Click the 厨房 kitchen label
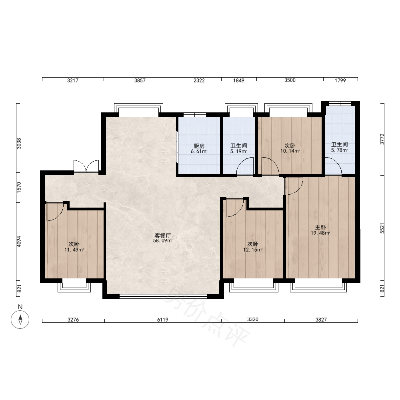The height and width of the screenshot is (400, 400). (199, 146)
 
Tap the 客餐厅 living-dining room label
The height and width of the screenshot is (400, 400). (162, 236)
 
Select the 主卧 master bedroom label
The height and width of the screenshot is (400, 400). (320, 227)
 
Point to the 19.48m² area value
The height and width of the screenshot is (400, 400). (320, 233)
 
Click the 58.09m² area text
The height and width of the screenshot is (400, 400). (162, 240)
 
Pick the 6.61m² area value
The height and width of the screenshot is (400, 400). (199, 151)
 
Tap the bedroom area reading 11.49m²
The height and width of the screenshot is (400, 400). (74, 250)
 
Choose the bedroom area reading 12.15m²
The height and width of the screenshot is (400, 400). (252, 250)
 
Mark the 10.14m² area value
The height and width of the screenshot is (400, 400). (290, 151)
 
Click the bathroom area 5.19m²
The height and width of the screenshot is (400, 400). (238, 151)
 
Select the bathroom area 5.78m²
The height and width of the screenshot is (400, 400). (339, 150)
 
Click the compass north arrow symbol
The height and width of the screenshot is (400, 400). (20, 319)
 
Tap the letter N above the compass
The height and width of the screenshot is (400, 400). (20, 307)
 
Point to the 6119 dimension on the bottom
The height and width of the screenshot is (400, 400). (162, 319)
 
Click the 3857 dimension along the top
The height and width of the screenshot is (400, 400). (140, 80)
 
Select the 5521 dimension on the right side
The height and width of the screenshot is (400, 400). (382, 228)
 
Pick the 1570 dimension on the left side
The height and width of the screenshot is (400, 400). (19, 187)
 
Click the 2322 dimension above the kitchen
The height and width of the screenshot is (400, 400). (199, 80)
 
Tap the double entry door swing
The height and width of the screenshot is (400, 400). (86, 166)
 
